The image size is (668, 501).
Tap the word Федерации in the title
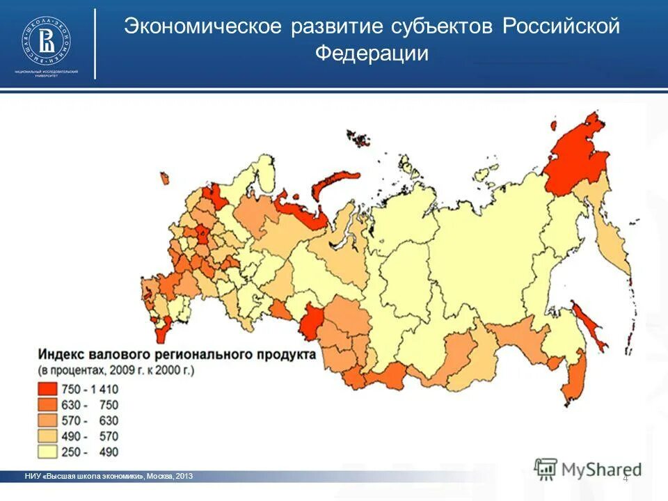click(372, 54)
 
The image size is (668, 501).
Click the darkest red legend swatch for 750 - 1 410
click(49, 388)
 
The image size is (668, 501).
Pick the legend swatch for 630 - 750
click(49, 404)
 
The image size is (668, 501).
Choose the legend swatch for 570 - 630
click(49, 420)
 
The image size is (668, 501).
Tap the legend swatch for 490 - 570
click(49, 436)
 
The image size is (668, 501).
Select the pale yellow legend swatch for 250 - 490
click(49, 452)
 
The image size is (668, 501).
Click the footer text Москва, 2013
click(170, 476)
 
